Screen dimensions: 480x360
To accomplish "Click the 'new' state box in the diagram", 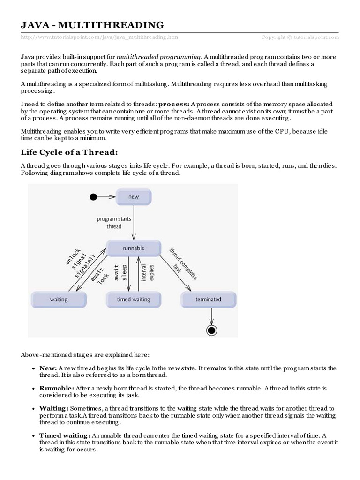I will point(134,197).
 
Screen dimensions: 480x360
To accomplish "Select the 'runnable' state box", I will point(134,248).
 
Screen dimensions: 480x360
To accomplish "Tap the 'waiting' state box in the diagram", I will point(59,299).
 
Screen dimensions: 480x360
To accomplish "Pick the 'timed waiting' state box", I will point(134,299).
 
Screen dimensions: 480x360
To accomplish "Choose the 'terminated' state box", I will point(209,299).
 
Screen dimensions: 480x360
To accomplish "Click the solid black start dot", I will point(93,197).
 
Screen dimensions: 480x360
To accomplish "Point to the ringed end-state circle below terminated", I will point(212,330).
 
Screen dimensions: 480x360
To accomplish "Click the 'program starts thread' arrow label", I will point(114,223).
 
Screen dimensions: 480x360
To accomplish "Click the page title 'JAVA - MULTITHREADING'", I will point(92,24).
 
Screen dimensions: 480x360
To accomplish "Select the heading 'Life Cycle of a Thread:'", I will point(68,152).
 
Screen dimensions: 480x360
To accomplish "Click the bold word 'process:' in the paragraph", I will point(174,103).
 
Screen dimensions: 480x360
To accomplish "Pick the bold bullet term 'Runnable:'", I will point(57,389).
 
